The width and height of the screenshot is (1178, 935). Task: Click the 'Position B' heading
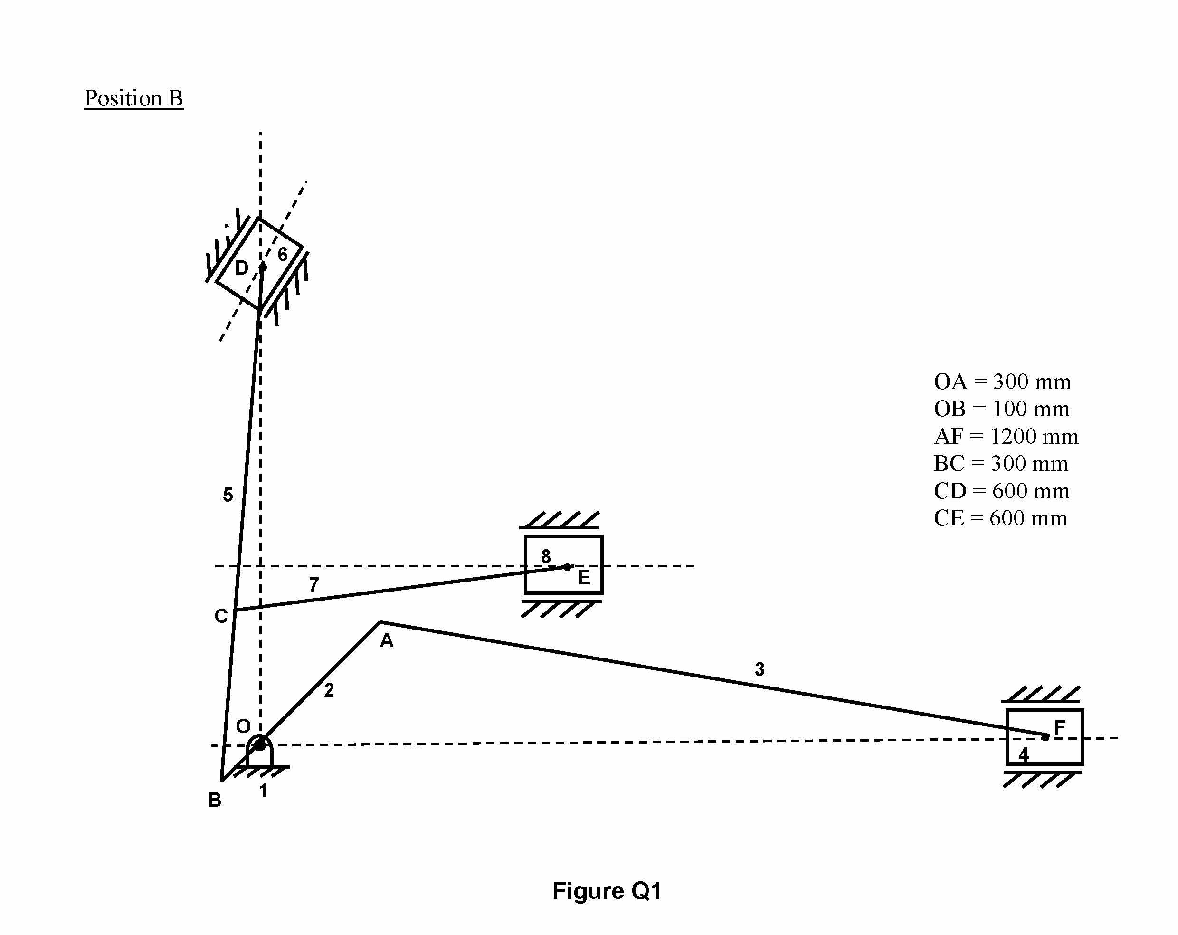click(x=134, y=98)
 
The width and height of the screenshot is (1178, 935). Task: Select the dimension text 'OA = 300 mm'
click(x=1002, y=382)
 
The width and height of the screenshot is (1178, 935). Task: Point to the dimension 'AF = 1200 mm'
click(x=1006, y=436)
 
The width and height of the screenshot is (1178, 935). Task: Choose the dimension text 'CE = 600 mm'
click(x=1000, y=518)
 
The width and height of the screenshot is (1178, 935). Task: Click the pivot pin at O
click(x=260, y=744)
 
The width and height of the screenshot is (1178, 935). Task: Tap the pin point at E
click(x=567, y=567)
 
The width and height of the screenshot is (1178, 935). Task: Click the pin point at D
click(x=263, y=267)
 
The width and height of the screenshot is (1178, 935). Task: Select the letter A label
click(x=386, y=640)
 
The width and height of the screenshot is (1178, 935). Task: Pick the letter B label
click(x=215, y=800)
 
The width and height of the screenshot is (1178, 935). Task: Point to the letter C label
click(x=221, y=616)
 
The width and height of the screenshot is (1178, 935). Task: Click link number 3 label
click(x=760, y=669)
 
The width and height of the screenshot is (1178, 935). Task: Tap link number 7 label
click(x=313, y=585)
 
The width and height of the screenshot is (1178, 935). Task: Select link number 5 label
click(x=228, y=495)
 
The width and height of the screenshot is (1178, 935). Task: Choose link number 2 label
click(x=328, y=690)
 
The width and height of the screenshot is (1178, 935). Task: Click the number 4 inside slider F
click(x=1023, y=754)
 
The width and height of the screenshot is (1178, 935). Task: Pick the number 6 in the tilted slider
click(x=283, y=254)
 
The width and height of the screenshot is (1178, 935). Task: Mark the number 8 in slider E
click(x=545, y=556)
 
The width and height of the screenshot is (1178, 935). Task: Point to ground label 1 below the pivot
click(x=263, y=791)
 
